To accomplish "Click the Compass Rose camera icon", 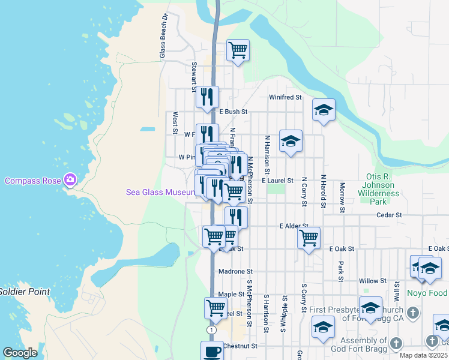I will [71, 179].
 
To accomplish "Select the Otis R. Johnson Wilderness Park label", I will [379, 185].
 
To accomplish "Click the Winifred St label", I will [285, 97].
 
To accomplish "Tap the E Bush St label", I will [233, 112].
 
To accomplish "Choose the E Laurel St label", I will [277, 180].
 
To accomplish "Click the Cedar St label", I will [388, 214].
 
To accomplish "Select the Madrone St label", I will [235, 272].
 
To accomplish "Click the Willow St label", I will [372, 281].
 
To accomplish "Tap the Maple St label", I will [231, 294].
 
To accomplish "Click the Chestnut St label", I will [240, 346].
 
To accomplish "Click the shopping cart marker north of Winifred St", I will [238, 50].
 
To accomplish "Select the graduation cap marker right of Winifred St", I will [324, 110].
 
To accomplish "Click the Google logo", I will [20, 353].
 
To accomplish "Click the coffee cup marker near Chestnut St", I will [211, 351].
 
